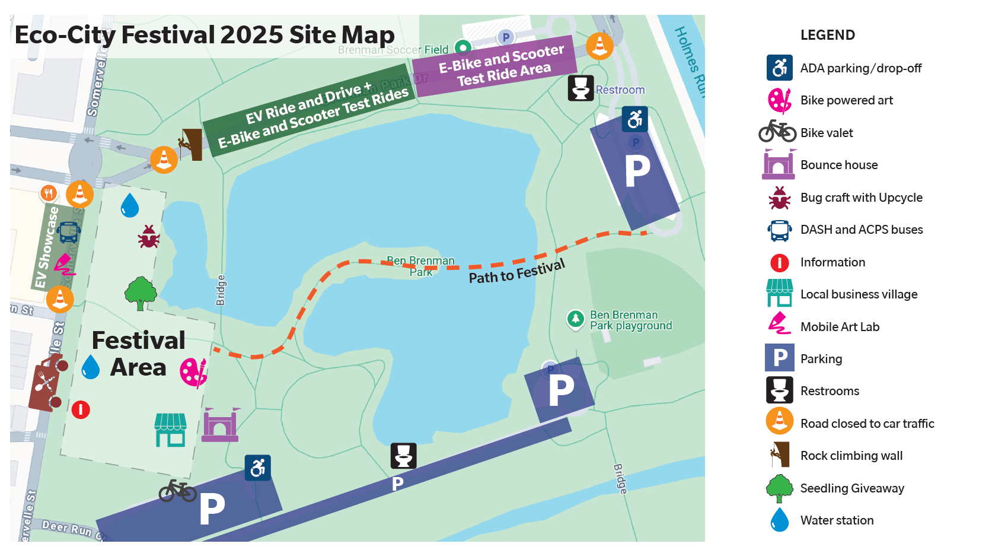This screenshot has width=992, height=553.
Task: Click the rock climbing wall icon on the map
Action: [x=191, y=144]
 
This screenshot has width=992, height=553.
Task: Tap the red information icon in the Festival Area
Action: [x=81, y=409]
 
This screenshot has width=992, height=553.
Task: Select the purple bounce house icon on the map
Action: [x=220, y=425]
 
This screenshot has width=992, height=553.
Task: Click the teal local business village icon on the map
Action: [x=171, y=430]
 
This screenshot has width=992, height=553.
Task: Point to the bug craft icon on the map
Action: [x=148, y=236]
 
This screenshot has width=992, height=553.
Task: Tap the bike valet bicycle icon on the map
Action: [x=177, y=491]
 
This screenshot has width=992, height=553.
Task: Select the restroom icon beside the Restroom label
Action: [x=580, y=88]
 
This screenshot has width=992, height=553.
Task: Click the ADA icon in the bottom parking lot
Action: [x=258, y=468]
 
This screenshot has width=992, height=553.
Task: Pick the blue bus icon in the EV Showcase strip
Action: [x=69, y=232]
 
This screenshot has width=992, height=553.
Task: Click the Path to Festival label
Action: [x=516, y=272]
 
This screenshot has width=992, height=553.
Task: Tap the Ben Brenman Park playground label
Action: [x=630, y=320]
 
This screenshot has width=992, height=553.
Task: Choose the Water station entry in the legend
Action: [x=837, y=520]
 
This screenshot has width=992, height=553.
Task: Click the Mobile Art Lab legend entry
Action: [x=840, y=327]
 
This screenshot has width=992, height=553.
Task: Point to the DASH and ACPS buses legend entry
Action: [x=861, y=230]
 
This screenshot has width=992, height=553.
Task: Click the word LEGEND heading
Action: [x=827, y=35]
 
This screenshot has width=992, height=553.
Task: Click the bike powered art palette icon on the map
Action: [x=194, y=373]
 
